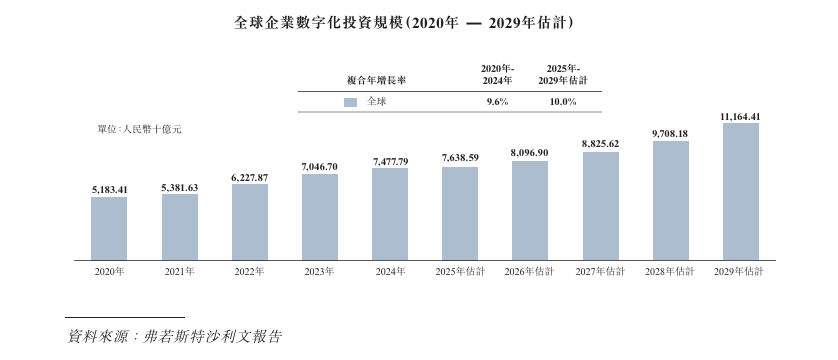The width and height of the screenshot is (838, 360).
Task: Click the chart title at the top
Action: coord(418,20)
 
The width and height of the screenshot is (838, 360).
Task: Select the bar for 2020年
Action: coord(109,228)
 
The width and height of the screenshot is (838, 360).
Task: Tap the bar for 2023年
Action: coord(320,217)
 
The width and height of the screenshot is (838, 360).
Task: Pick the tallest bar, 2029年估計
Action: coord(740,191)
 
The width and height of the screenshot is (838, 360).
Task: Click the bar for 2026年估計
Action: coord(529,210)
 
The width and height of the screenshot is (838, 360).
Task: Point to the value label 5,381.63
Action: coord(179,187)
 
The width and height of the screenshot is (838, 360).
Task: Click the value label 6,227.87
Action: coord(249,177)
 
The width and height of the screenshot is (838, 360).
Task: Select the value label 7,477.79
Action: coord(390,161)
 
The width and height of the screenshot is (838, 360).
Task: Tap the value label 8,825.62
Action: coord(600,144)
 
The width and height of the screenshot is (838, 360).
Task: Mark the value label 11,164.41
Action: coord(740,117)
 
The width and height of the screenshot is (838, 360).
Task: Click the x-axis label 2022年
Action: coord(249,272)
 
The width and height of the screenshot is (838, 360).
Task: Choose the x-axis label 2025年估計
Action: coord(460,272)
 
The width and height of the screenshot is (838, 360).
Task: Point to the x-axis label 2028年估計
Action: coord(670,272)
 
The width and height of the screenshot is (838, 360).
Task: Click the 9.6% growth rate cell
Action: coord(497,102)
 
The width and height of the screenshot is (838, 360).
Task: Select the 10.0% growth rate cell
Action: coord(563,102)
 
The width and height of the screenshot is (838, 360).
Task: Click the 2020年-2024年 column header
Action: coord(497,72)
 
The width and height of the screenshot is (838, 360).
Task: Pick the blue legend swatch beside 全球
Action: coord(350,102)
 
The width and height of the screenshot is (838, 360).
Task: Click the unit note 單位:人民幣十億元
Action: coord(139,129)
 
